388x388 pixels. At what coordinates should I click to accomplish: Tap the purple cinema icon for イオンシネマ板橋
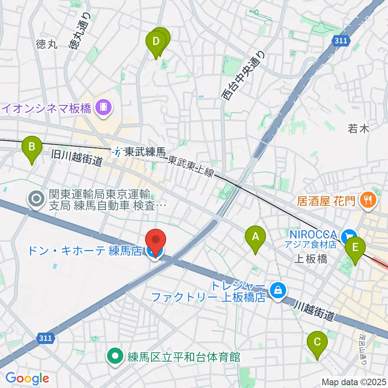pos(104,108)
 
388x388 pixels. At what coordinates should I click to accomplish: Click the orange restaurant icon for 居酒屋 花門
pos(368,199)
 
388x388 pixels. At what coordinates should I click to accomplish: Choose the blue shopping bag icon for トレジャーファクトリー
pos(278,290)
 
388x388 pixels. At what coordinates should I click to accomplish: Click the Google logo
pos(27,378)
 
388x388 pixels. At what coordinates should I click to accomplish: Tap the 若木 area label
pos(358,129)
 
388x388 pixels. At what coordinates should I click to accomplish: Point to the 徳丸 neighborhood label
pos(47,44)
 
